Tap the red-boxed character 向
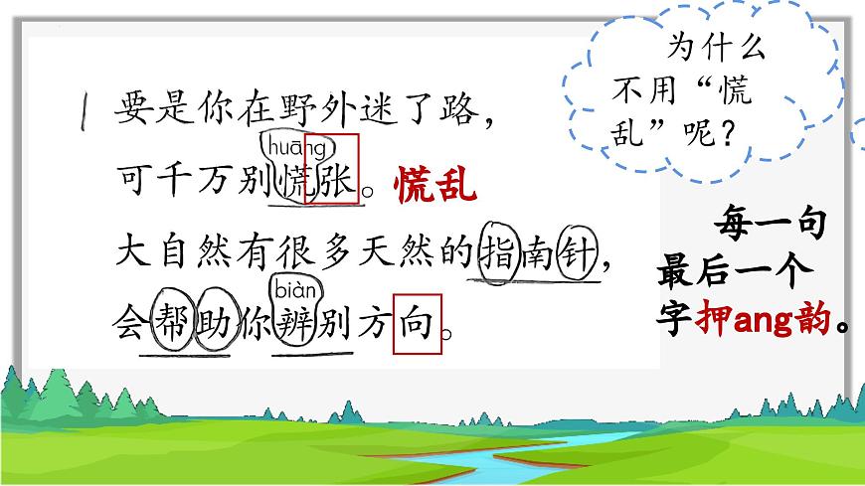[x=418, y=322]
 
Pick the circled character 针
[x=578, y=253]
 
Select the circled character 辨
[x=294, y=324]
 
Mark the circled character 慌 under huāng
[x=294, y=184]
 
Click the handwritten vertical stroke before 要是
[x=89, y=111]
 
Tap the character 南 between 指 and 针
[x=539, y=253]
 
